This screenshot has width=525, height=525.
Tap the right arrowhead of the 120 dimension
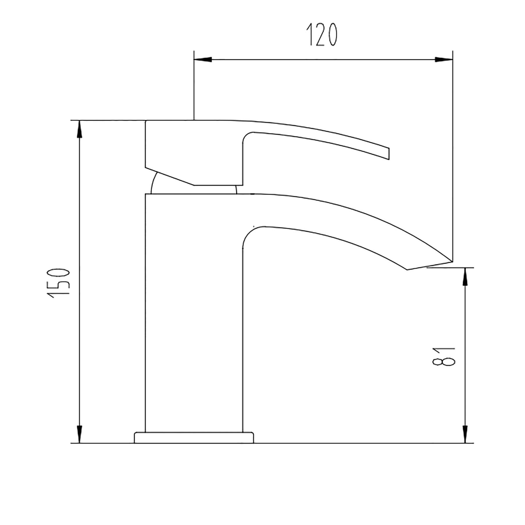click(444, 60)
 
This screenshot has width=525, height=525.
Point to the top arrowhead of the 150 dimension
click(79, 129)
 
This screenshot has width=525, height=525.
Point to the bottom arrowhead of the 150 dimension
click(79, 434)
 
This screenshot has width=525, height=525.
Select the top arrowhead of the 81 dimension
click(465, 276)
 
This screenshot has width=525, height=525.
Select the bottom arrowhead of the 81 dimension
click(465, 434)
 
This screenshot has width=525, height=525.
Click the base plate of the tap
click(194, 438)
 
